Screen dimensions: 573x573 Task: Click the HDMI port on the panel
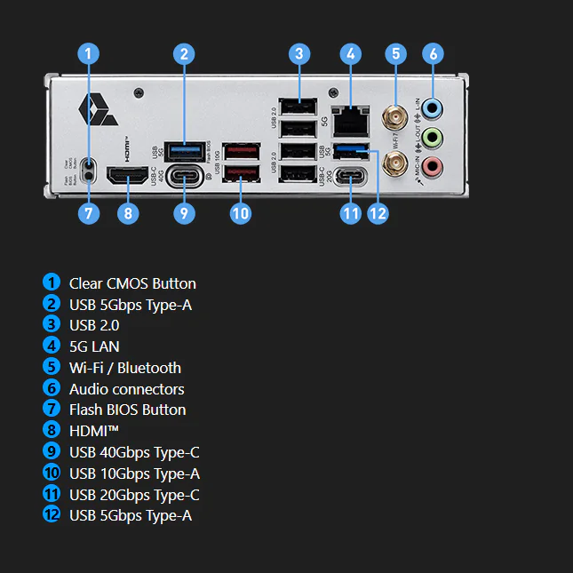pos(128,176)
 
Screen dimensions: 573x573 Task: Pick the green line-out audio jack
pos(432,137)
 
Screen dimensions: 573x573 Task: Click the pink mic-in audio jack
pos(432,165)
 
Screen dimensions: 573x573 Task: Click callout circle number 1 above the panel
pos(87,53)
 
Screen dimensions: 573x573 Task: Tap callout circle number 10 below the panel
pos(241,213)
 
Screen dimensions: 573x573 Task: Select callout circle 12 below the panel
pos(378,213)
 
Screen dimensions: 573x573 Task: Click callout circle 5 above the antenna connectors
pos(395,53)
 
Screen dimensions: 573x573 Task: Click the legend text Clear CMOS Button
pos(132,283)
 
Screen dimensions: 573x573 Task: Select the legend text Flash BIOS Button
pos(127,410)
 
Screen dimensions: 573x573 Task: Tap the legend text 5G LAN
pos(94,346)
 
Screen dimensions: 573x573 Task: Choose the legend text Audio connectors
pos(126,388)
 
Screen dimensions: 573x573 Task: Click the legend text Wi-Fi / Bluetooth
pos(124,368)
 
